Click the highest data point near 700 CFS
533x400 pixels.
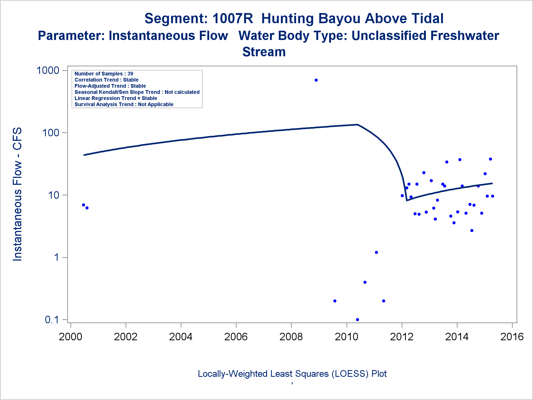[316, 80]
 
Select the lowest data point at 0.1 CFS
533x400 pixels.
[357, 319]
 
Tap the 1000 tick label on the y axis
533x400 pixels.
[48, 71]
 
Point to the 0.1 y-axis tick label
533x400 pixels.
[52, 319]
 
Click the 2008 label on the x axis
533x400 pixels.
[291, 337]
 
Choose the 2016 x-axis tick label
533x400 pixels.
[512, 337]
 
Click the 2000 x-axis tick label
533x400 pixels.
[70, 337]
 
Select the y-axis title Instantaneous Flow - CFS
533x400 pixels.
[18, 194]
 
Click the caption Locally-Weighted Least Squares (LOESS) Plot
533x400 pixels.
[292, 374]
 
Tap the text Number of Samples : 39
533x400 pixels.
[104, 74]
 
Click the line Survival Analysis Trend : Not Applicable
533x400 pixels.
[124, 104]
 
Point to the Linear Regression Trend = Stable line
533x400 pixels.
[116, 98]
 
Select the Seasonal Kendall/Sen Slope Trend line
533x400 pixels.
[137, 92]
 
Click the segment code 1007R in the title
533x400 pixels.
[232, 19]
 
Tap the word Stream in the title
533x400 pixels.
[264, 52]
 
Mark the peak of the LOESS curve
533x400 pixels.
[357, 125]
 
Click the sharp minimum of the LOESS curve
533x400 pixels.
[407, 200]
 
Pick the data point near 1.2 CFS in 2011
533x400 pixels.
[376, 252]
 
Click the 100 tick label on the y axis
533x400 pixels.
[51, 133]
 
